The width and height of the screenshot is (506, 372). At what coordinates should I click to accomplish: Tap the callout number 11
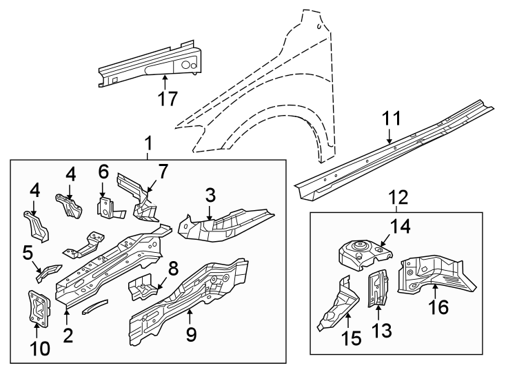pos(391,118)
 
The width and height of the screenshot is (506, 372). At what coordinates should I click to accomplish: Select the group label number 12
pos(399,198)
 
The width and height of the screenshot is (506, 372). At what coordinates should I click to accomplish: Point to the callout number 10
pos(41,349)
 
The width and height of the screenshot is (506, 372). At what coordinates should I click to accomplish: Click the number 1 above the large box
pos(148,144)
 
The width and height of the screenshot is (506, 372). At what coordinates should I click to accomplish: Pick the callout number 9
pos(191,335)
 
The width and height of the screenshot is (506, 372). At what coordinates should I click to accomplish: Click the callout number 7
pos(163,170)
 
